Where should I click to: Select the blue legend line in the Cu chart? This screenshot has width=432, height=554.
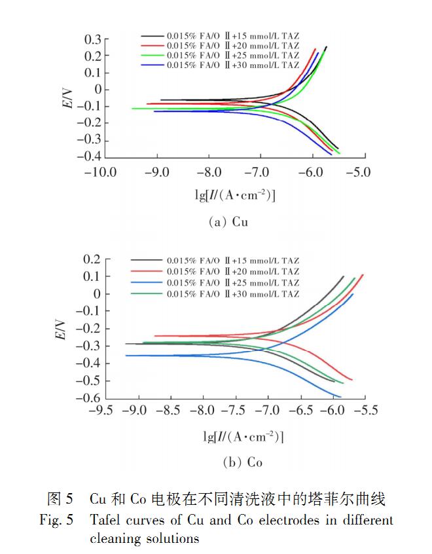point(151,65)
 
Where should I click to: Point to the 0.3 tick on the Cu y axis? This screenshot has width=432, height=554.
point(92,40)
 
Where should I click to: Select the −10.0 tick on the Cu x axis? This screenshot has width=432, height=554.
point(100,173)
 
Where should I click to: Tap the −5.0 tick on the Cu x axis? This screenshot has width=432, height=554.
point(357,173)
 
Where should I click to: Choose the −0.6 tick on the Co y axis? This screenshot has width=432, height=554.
point(88,398)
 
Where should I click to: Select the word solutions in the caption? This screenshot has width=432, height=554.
point(170,538)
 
